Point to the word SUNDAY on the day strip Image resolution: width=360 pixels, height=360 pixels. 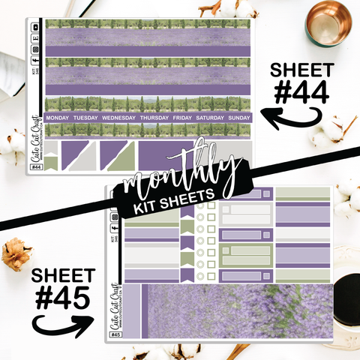coord(238,118)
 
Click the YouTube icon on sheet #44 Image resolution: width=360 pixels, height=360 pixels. coord(37,27)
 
